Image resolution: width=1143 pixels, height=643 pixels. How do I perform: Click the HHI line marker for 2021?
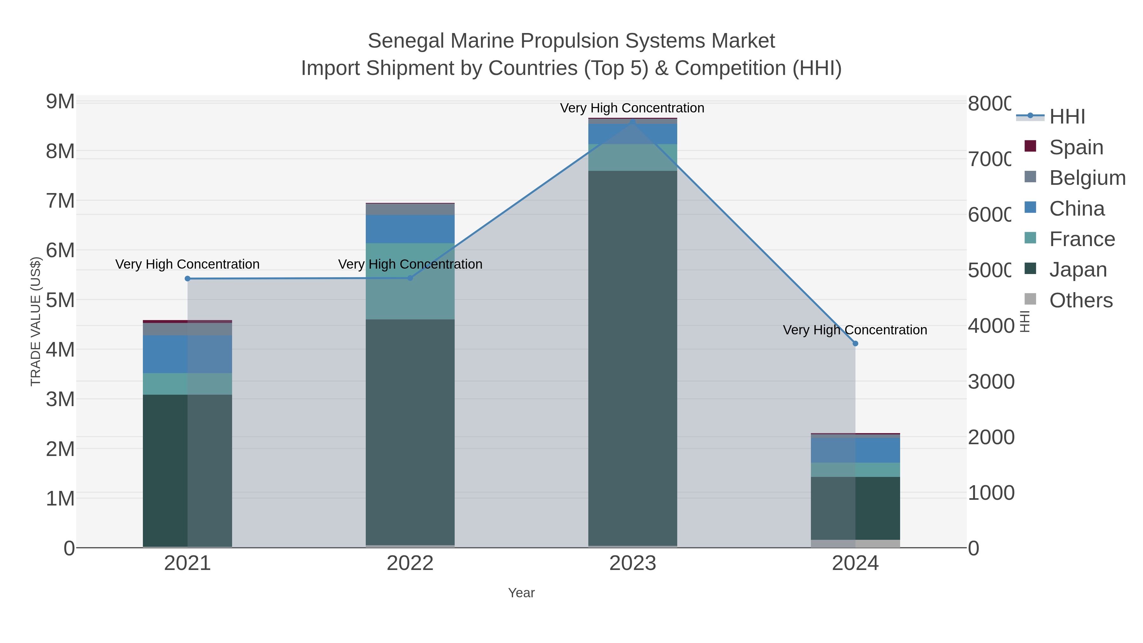[187, 279]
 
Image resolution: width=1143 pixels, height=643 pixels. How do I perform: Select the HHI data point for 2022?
[410, 278]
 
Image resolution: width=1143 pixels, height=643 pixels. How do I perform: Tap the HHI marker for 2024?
[855, 344]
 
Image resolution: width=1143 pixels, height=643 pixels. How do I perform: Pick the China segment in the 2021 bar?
[187, 354]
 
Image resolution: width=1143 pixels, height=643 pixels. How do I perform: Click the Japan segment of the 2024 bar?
[855, 508]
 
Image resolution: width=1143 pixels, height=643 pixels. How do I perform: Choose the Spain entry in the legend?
[1076, 147]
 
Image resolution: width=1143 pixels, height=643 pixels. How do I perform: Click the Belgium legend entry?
[1087, 178]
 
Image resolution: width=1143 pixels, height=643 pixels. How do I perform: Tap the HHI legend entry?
[1067, 117]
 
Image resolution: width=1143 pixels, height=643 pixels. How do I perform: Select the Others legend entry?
[1080, 300]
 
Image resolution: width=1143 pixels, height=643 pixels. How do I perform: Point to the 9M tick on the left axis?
[60, 102]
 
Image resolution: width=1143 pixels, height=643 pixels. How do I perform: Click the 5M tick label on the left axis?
[60, 300]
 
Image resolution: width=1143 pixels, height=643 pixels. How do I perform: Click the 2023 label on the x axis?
[633, 564]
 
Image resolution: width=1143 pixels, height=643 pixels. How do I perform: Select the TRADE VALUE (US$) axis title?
[36, 321]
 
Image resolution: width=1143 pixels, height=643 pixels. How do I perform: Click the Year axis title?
[521, 593]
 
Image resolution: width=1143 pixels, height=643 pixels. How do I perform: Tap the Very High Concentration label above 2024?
[855, 330]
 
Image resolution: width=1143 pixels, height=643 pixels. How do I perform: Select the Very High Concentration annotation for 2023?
[632, 108]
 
